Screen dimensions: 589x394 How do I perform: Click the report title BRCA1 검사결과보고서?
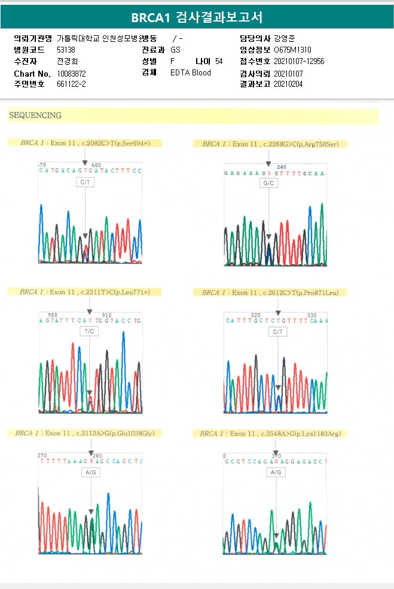tap(197, 17)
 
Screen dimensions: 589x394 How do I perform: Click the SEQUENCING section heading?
tap(35, 115)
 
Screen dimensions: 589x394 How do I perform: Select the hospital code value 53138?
tap(66, 50)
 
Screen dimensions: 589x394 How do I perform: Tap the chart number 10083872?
tap(72, 73)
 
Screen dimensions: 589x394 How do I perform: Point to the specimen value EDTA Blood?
tap(191, 73)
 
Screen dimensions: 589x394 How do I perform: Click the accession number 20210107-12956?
tap(299, 61)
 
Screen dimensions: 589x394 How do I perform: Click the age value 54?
tap(219, 61)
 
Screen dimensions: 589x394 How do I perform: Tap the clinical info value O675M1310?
tap(292, 50)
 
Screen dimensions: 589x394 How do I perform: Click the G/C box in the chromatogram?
tap(268, 183)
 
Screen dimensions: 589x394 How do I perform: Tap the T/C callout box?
tap(89, 331)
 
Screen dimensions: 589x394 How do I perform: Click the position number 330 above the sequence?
tap(312, 315)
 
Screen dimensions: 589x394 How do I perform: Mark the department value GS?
tap(175, 50)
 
